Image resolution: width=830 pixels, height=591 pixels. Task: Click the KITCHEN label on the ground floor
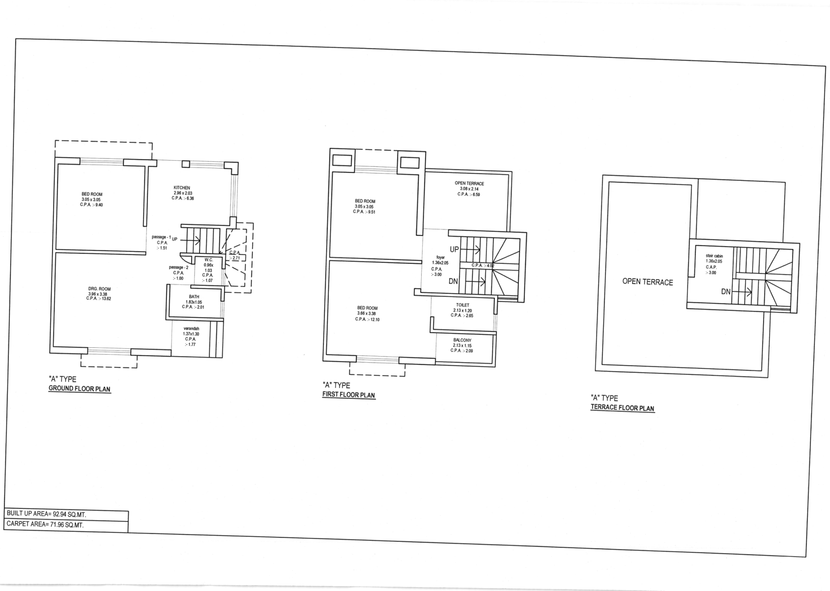182,188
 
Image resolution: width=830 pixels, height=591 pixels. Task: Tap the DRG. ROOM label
99,289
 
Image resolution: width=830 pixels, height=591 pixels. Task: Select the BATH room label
194,297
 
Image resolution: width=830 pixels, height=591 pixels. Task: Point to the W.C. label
209,260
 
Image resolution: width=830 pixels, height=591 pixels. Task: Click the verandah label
191,329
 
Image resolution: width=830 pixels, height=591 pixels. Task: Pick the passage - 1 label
161,237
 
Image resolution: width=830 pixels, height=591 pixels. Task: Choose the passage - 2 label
178,268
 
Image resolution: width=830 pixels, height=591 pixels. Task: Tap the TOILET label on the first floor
463,305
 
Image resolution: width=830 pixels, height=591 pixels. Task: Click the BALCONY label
462,340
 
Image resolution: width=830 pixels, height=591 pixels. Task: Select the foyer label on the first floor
441,257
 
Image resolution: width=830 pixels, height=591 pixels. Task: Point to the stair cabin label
714,256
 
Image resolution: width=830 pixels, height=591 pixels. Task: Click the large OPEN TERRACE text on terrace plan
648,282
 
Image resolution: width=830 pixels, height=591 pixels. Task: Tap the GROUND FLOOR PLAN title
80,389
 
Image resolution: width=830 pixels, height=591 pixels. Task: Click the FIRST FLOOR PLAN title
349,395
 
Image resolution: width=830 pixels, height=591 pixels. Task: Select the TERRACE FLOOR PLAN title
623,408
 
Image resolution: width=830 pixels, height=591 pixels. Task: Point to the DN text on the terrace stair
725,292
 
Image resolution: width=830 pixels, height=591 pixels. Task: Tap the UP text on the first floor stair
454,250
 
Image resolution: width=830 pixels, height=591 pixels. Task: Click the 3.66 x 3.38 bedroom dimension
367,313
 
